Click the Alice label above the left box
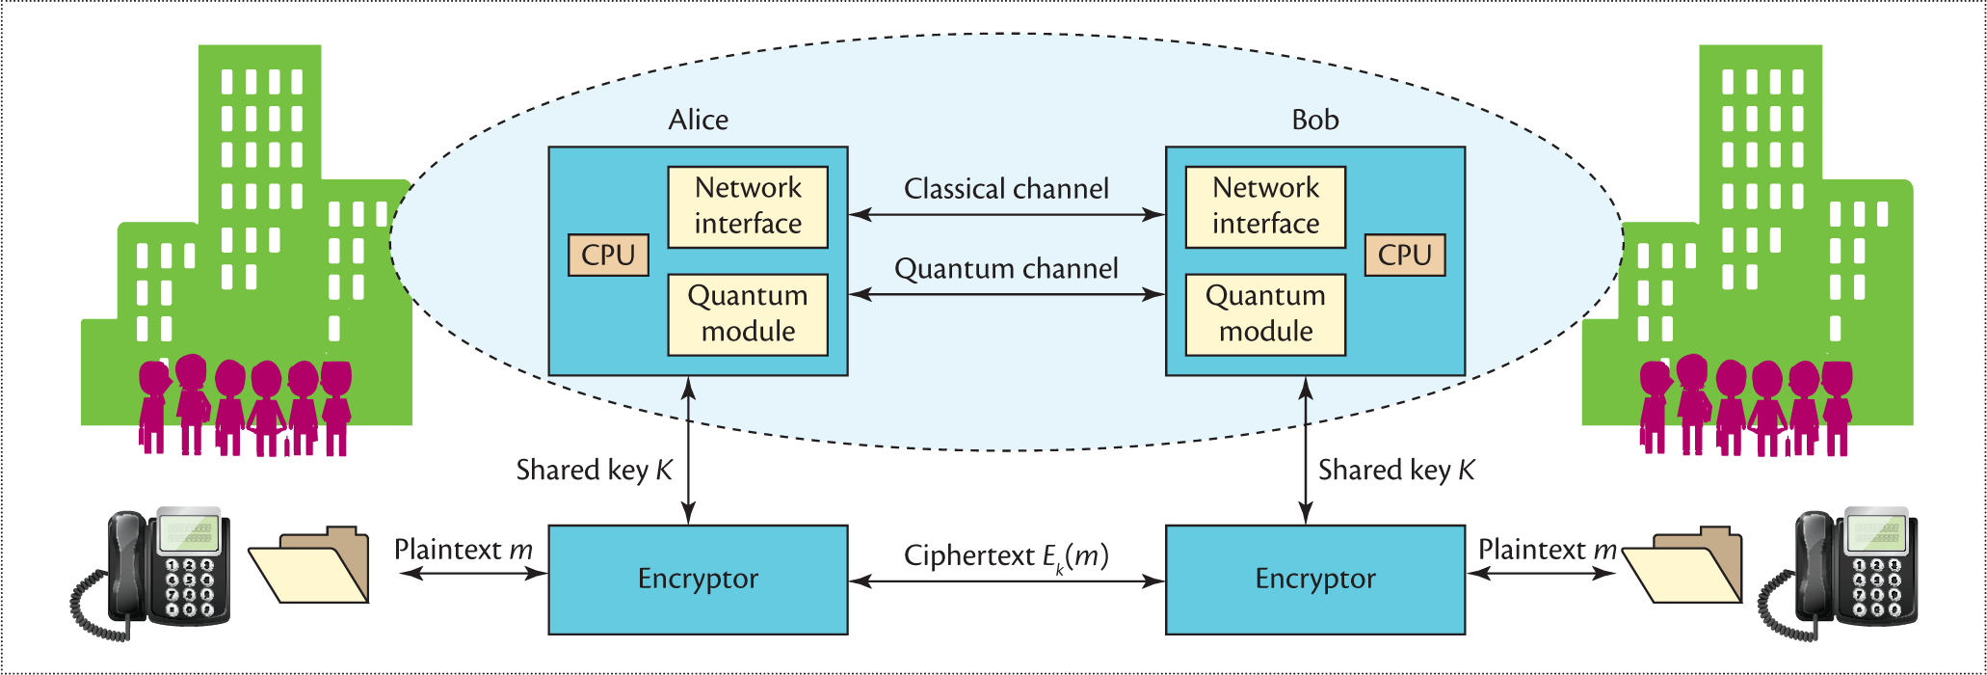(x=698, y=120)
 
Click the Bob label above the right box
(x=1314, y=120)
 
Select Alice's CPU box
(x=608, y=255)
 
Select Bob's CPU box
(x=1404, y=255)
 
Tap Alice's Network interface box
(x=748, y=206)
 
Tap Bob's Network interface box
(x=1265, y=206)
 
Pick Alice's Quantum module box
(x=748, y=314)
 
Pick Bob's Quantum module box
(x=1265, y=314)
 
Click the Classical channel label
(x=1006, y=189)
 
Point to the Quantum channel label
(x=1006, y=269)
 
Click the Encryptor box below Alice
(x=698, y=580)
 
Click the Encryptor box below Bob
(x=1314, y=580)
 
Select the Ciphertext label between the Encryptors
(x=1006, y=556)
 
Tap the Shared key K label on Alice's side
(x=594, y=471)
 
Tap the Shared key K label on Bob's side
(x=1395, y=471)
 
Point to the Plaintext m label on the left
(x=463, y=550)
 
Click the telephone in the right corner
(x=1841, y=573)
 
